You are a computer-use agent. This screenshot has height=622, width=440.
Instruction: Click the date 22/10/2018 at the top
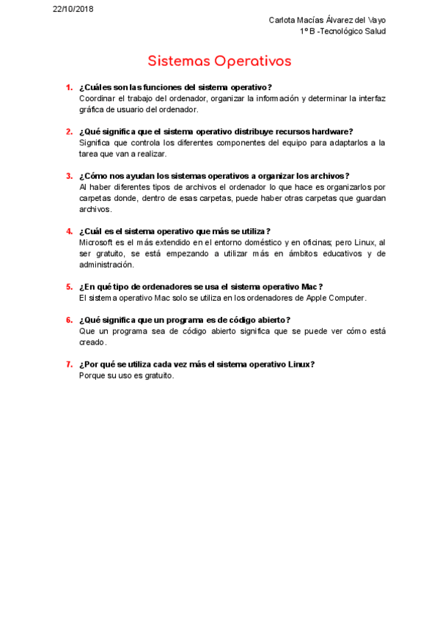[x=73, y=9]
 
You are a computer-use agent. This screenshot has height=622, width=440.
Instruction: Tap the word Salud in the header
[x=374, y=31]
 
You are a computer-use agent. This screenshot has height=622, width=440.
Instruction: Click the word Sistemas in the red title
[x=180, y=60]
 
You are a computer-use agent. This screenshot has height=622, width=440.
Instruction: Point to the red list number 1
[x=69, y=87]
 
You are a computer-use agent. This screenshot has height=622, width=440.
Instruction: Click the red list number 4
[x=69, y=231]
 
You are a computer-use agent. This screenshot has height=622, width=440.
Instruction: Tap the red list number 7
[x=69, y=364]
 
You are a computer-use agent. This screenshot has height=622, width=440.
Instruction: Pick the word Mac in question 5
[x=309, y=287]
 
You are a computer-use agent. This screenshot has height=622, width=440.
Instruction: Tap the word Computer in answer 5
[x=347, y=298]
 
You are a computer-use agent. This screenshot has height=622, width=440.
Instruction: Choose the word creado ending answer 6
[x=92, y=342]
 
